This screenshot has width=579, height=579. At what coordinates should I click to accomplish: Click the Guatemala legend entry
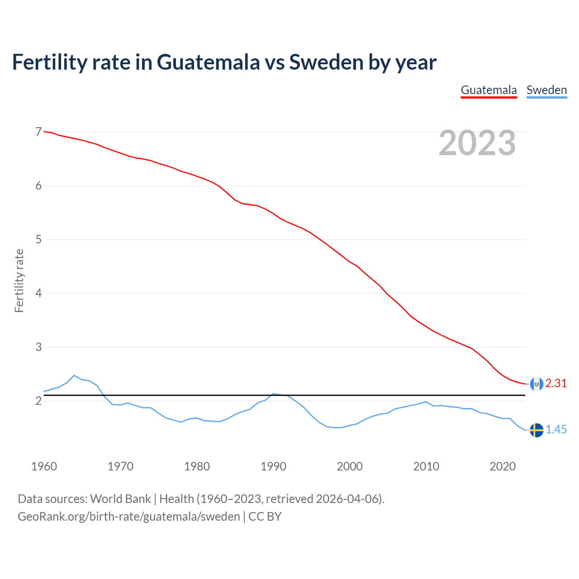(489, 90)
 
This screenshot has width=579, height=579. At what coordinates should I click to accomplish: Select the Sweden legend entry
(546, 90)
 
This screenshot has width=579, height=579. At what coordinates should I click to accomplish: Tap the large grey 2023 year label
(477, 143)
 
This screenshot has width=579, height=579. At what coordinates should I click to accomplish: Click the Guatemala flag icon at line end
(536, 384)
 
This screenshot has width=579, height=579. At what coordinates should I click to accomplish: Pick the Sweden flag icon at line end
(536, 430)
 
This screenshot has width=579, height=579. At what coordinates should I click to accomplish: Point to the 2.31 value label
(556, 384)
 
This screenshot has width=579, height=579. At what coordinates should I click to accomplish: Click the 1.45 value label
(556, 430)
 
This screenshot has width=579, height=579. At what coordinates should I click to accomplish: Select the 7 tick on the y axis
(38, 132)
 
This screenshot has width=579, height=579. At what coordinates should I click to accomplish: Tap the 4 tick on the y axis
(38, 293)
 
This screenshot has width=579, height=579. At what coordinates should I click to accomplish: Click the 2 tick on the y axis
(38, 401)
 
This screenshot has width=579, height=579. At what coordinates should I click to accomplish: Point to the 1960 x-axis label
(44, 466)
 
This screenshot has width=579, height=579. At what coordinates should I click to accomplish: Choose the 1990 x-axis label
(273, 466)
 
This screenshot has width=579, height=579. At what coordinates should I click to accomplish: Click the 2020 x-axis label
(503, 466)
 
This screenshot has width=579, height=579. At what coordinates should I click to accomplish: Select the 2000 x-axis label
(350, 466)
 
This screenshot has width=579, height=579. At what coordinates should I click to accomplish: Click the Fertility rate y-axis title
(19, 280)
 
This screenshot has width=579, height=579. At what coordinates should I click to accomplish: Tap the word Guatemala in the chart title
(208, 62)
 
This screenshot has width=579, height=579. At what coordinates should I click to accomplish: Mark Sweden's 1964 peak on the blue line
(74, 375)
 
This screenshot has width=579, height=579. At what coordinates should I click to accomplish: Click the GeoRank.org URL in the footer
(129, 517)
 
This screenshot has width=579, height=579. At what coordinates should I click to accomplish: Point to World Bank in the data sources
(120, 499)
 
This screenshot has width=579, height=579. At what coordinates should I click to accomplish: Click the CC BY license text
(265, 517)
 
